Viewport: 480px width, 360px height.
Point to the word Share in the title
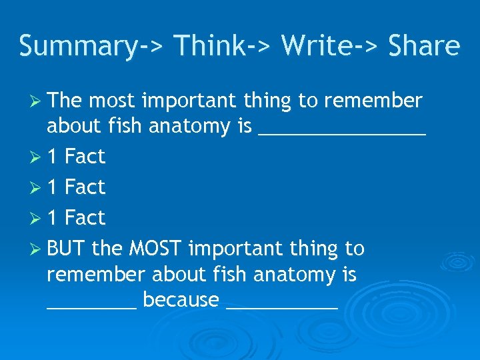tap(423, 46)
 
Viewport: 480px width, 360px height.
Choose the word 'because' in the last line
tap(181, 300)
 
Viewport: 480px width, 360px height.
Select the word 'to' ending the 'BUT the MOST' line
tap(355, 249)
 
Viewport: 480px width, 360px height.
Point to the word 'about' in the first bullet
tap(73, 125)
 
